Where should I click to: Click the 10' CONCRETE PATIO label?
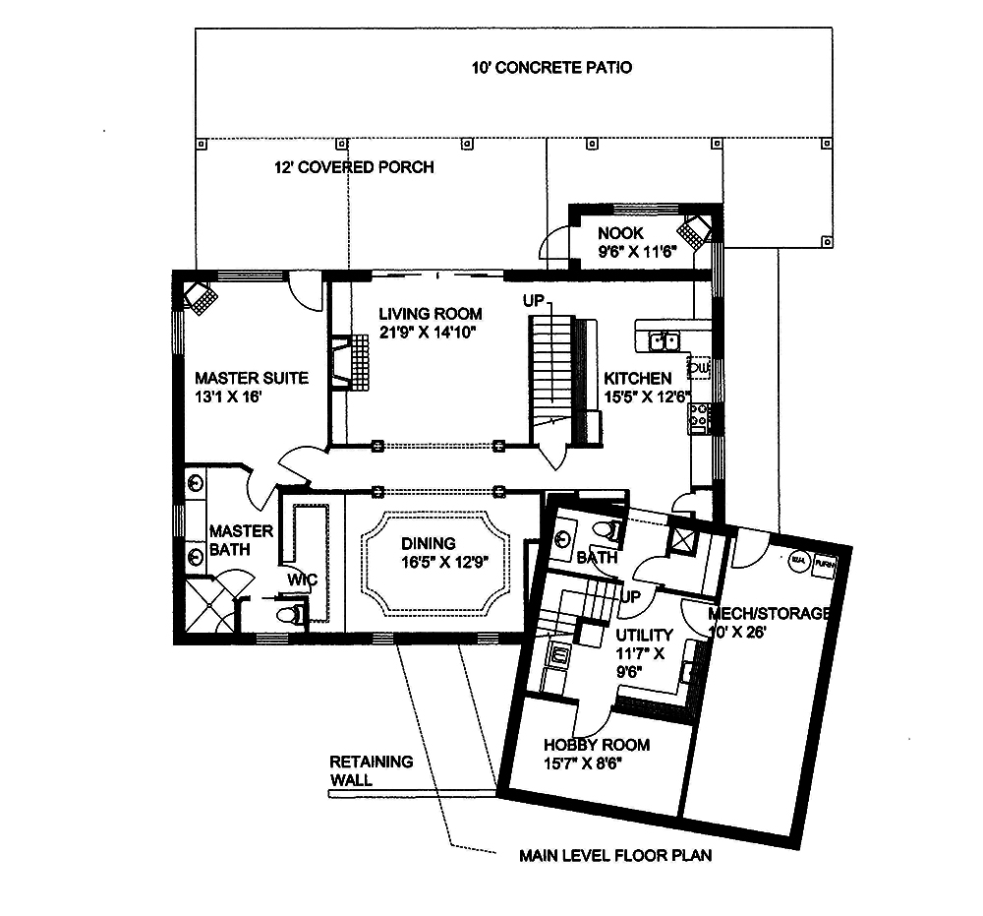(549, 68)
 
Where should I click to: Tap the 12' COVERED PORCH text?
(354, 167)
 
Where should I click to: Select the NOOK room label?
(620, 234)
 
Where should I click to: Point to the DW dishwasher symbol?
(699, 368)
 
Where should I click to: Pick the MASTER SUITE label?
(251, 378)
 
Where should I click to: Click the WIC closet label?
(302, 580)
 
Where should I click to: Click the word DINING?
(428, 543)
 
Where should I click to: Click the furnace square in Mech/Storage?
(825, 565)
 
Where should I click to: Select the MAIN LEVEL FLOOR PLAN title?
(615, 855)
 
